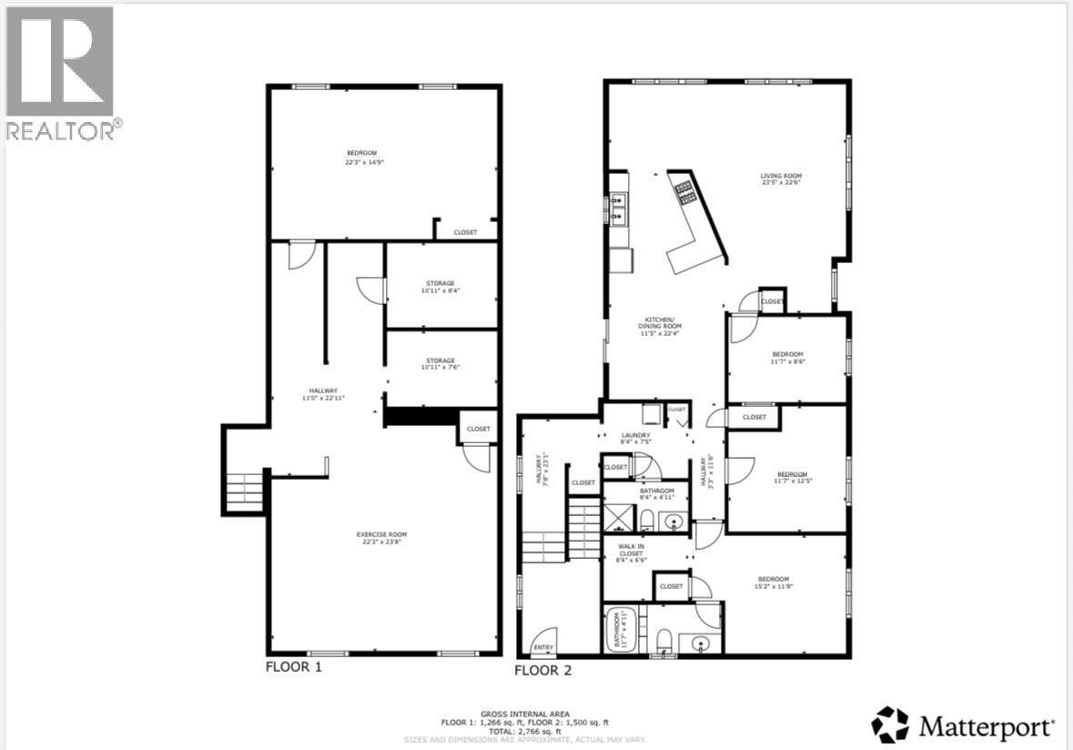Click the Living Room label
click(x=781, y=179)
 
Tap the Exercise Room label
click(x=380, y=538)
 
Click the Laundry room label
click(x=635, y=439)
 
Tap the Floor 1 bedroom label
click(x=360, y=157)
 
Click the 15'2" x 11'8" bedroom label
click(x=774, y=583)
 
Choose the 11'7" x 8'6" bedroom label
click(x=787, y=357)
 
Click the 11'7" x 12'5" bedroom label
click(x=791, y=477)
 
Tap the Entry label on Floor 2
click(x=543, y=647)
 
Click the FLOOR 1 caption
click(x=293, y=666)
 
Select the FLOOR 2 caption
click(x=542, y=671)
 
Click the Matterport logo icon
click(x=890, y=725)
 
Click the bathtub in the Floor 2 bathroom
click(x=619, y=630)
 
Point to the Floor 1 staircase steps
click(x=244, y=492)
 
